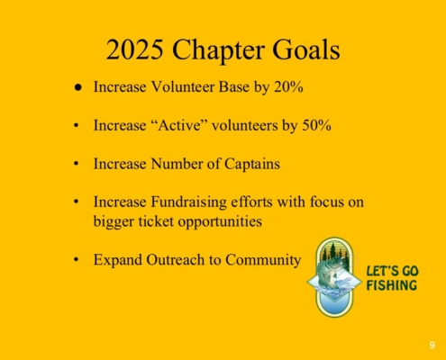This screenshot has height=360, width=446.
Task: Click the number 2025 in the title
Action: coord(135,49)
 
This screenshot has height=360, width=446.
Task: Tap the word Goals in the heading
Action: coord(306,49)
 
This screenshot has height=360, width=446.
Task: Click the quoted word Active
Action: coord(179,125)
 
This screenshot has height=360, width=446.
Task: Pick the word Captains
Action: coord(252,164)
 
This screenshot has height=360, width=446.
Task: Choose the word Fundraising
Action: coord(188,202)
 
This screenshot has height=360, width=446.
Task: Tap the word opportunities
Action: coord(220,222)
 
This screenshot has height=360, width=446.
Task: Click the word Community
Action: coord(263,260)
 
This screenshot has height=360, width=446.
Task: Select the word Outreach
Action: coord(183,260)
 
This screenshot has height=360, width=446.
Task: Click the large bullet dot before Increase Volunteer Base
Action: coord(78,87)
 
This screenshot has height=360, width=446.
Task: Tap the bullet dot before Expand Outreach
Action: coord(77,259)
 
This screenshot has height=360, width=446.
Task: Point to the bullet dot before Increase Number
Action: coord(77,164)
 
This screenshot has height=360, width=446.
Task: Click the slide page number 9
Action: coord(432,345)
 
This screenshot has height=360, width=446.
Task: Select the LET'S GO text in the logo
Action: coord(392,271)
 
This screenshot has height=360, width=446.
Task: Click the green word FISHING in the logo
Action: coord(392,285)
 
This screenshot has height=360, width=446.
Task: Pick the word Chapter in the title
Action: coord(218,50)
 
